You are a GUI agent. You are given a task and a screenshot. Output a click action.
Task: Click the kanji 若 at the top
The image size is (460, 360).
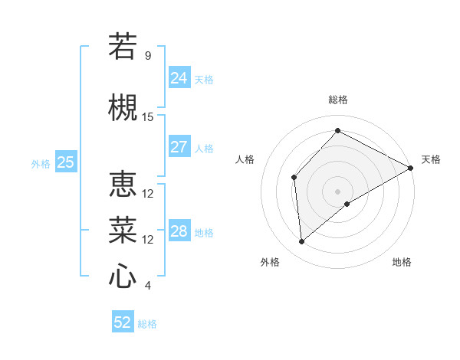click(123, 46)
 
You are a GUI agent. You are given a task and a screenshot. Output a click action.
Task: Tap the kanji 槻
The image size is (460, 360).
click(123, 107)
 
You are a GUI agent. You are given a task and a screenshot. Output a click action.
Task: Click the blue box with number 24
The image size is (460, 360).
click(179, 78)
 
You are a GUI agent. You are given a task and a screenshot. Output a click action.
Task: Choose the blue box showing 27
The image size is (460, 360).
click(179, 147)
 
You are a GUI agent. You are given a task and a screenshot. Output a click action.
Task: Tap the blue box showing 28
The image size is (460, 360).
click(179, 231)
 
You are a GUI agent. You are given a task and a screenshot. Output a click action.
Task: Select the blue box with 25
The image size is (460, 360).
click(66, 162)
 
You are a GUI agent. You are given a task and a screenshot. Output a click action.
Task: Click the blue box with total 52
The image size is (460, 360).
click(123, 322)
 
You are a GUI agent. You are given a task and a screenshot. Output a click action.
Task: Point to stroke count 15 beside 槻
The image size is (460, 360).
click(148, 117)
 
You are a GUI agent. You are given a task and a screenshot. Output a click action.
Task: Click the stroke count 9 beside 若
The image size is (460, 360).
click(148, 56)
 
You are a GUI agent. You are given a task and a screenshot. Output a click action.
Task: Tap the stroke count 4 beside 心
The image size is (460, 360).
click(148, 286)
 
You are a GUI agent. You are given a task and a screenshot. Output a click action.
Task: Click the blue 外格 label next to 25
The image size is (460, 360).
click(41, 163)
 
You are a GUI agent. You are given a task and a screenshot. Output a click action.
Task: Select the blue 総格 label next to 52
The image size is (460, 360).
click(147, 324)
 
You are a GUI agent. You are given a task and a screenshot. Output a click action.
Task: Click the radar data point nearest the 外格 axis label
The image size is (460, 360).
click(302, 242)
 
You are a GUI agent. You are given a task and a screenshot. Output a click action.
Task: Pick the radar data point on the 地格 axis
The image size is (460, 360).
click(347, 204)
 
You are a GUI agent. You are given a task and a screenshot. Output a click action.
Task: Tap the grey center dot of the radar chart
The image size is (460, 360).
click(337, 191)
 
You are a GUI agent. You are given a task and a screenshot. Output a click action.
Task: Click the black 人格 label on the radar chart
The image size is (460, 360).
click(245, 159)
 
